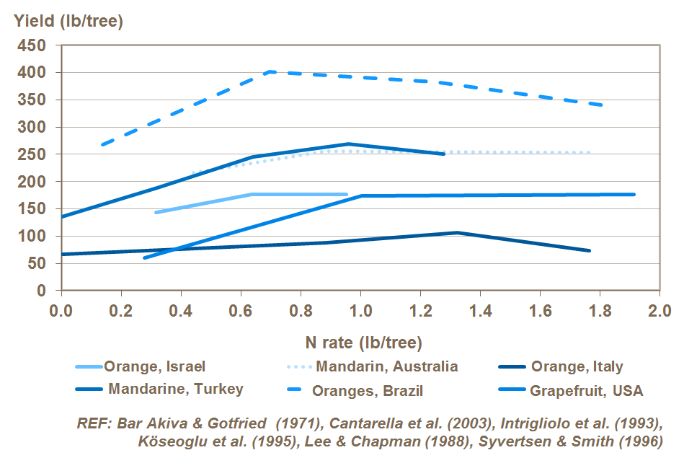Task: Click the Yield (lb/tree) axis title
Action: (x=69, y=21)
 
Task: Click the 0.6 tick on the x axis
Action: (x=241, y=311)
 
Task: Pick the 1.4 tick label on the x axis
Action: (x=480, y=311)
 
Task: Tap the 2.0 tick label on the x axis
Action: (x=659, y=311)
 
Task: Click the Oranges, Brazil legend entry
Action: (x=368, y=392)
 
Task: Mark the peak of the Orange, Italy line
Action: (x=456, y=232)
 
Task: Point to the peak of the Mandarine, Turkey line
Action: (x=348, y=144)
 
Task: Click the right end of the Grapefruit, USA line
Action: (x=634, y=194)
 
